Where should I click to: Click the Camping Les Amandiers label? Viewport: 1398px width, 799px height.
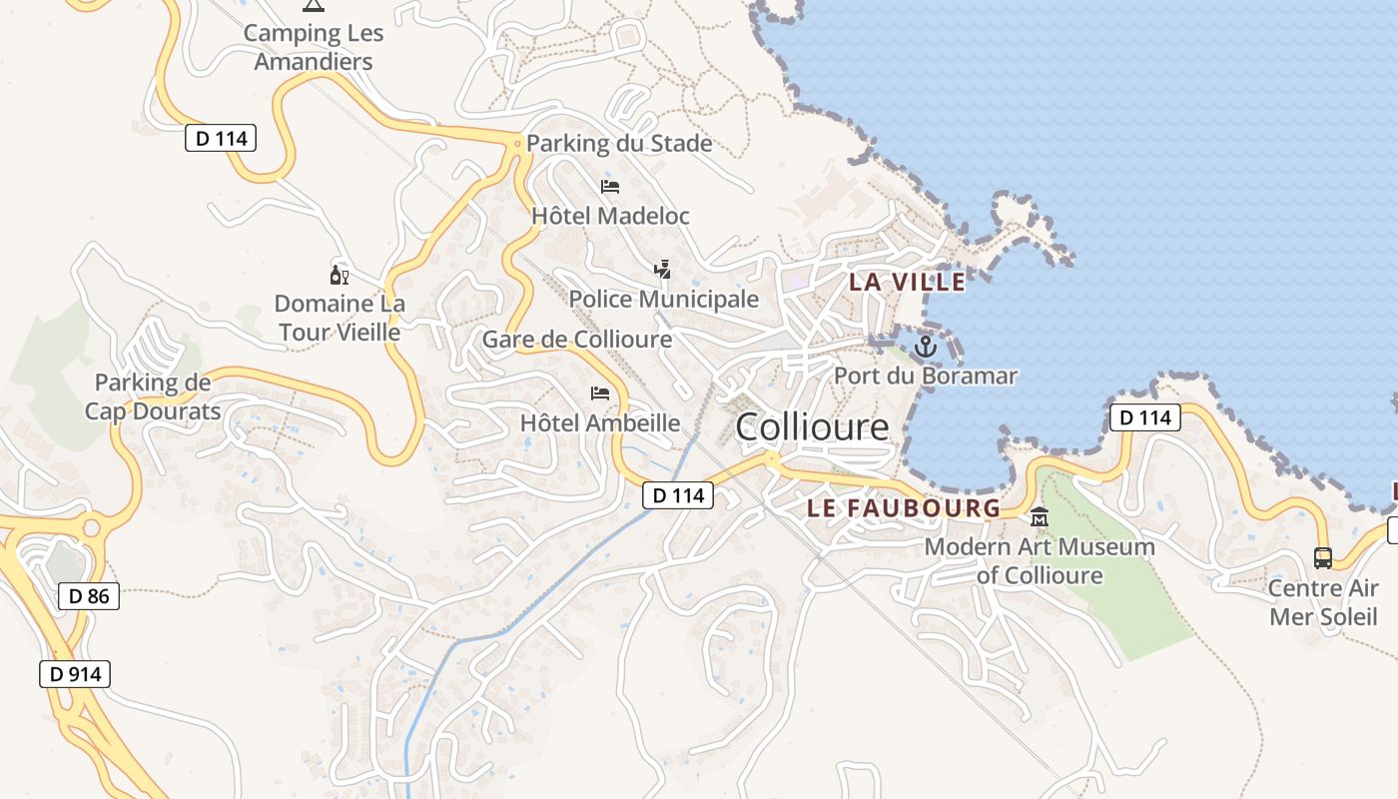(314, 47)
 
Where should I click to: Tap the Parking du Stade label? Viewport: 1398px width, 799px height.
(619, 143)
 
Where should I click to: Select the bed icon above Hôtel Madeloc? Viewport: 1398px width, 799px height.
(610, 187)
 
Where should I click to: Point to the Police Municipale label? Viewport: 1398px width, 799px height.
(664, 299)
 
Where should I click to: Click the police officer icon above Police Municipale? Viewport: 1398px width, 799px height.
(662, 269)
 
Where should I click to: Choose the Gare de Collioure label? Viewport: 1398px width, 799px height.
(577, 340)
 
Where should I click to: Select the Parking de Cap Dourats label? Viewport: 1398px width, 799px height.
(153, 397)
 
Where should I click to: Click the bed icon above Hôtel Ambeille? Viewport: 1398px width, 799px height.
(600, 394)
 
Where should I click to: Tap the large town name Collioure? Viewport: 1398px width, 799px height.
(812, 427)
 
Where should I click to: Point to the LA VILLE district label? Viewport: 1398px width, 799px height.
(908, 283)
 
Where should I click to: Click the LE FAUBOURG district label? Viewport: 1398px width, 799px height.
(904, 508)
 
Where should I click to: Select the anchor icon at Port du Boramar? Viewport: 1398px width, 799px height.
(926, 348)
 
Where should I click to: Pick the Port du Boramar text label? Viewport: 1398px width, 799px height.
(926, 377)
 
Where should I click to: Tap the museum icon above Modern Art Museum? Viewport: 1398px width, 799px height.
(1040, 516)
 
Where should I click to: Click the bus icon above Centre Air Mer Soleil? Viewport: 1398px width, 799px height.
(1323, 558)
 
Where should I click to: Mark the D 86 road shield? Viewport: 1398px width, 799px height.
(89, 597)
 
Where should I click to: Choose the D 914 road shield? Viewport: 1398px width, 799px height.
(75, 674)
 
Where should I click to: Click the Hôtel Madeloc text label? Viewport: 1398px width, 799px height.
(610, 216)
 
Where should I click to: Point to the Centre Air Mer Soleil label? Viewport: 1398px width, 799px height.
(1323, 602)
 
